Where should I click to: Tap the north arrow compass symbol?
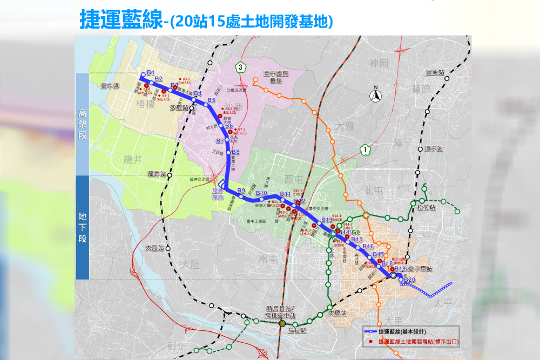coord(375,96)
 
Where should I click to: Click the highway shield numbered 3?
coord(240,67)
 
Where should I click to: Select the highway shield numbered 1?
coord(366,149)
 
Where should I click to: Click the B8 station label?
coord(235,152)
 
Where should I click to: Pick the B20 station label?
coord(409,280)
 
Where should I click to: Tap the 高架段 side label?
coord(82,124)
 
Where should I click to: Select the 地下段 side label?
coord(82,227)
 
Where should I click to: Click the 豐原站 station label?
coord(434,71)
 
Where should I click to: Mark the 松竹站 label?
coord(426,207)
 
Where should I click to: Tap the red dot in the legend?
coord(370,342)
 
